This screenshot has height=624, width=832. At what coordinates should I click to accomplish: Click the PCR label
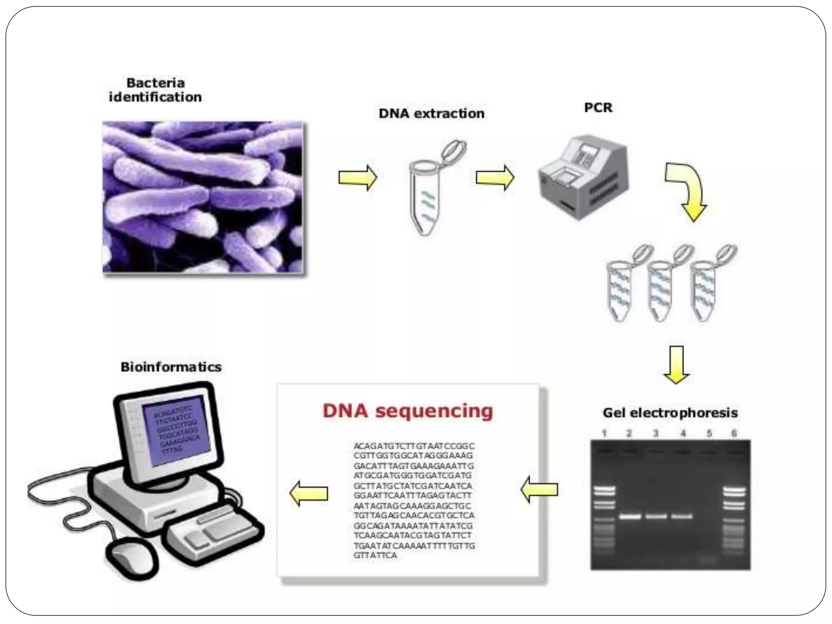598,108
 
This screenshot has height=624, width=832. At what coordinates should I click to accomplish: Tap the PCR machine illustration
583,178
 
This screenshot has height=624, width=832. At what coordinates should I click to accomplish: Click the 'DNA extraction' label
431,113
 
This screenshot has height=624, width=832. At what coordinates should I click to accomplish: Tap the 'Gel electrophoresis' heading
670,413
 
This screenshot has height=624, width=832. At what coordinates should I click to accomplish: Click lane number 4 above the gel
683,433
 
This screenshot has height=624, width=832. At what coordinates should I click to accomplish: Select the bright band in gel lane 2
630,517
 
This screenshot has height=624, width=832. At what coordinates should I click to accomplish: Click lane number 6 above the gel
734,433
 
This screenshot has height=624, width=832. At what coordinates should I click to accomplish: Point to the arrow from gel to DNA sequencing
539,490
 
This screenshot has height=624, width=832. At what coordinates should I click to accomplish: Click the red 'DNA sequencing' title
407,411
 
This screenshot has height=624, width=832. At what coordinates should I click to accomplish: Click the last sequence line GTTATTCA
375,555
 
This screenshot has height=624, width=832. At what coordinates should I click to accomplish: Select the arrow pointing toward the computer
309,493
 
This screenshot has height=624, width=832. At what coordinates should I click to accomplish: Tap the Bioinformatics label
171,367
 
